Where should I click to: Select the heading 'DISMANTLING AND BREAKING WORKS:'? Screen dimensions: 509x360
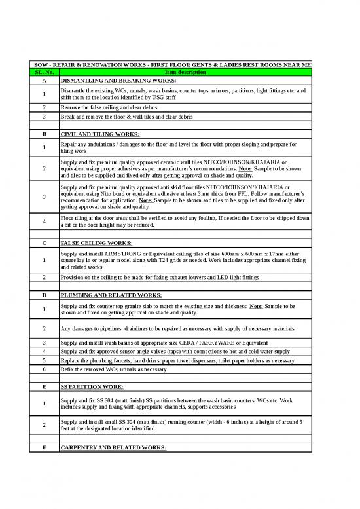click(x=118, y=80)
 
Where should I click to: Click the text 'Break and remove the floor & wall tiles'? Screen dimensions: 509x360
click(x=118, y=116)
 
